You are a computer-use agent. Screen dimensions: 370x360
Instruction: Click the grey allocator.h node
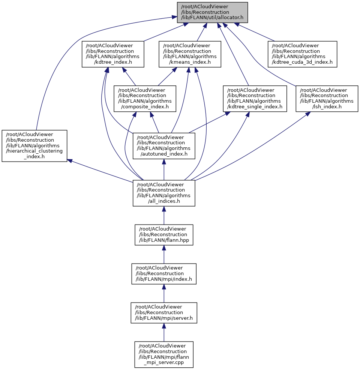[212, 12]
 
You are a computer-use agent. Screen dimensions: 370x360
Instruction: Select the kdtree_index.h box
[113, 54]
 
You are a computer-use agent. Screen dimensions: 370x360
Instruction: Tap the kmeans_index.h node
[189, 54]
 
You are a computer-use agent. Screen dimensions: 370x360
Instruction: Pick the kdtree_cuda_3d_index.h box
[302, 54]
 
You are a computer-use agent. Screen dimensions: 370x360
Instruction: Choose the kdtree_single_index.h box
[255, 99]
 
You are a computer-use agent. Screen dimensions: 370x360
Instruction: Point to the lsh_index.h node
[327, 99]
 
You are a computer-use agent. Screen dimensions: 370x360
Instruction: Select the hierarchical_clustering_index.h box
[34, 146]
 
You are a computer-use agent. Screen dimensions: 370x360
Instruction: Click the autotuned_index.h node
[164, 146]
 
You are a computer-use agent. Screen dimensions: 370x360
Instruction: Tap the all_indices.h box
[164, 193]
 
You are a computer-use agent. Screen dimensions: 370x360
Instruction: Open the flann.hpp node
[164, 235]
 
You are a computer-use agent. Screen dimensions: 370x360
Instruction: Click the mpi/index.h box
[164, 274]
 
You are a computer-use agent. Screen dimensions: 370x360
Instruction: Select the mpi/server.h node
[164, 313]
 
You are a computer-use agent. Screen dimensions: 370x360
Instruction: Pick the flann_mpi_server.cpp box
[164, 354]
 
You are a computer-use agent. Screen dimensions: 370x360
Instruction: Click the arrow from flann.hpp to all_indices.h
[164, 216]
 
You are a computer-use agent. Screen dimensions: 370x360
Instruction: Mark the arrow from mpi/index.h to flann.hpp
[164, 255]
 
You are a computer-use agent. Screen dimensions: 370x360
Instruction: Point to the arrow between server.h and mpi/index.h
[164, 294]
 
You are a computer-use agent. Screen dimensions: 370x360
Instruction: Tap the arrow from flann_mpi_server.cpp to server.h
[164, 333]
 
